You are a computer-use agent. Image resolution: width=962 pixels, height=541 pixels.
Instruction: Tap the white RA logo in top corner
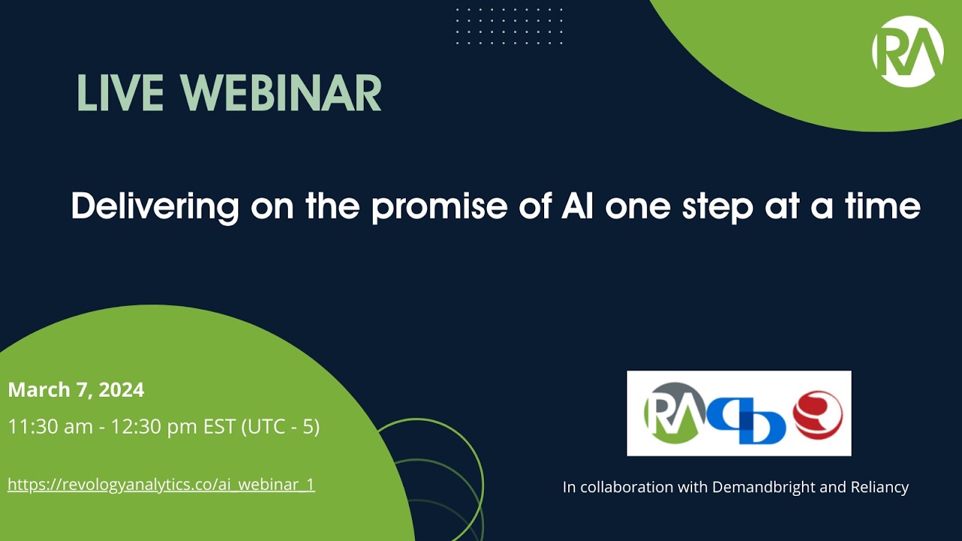tap(907, 51)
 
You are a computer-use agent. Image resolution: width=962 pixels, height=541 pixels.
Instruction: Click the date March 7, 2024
tap(76, 390)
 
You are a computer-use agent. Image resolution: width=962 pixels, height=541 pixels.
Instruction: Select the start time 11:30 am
tap(49, 427)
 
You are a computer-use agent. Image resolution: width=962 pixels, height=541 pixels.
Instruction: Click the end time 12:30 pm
tap(154, 427)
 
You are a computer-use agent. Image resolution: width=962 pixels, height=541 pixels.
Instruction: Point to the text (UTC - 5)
tap(280, 427)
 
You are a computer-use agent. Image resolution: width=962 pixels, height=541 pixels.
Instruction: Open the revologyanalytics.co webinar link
tap(161, 485)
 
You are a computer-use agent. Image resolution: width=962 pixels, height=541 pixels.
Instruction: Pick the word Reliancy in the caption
tap(879, 487)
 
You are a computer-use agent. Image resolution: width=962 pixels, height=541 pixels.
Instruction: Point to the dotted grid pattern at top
tap(509, 26)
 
